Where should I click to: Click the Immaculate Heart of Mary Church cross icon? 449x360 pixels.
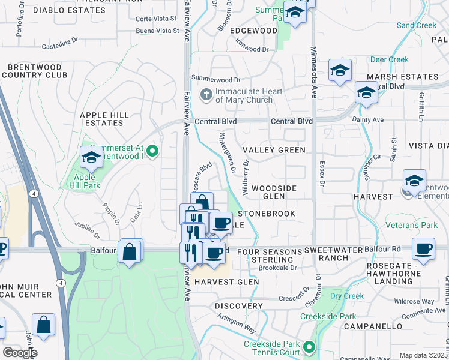206,94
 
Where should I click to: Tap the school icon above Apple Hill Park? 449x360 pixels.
91,157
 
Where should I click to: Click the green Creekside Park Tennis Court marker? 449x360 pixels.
309,347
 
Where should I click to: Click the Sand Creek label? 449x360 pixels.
416,25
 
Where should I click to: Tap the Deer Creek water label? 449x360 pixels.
389,59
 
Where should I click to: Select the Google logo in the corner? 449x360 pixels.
19,353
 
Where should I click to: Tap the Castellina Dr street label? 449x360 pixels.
60,41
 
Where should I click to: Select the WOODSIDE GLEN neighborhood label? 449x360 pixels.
274,192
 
